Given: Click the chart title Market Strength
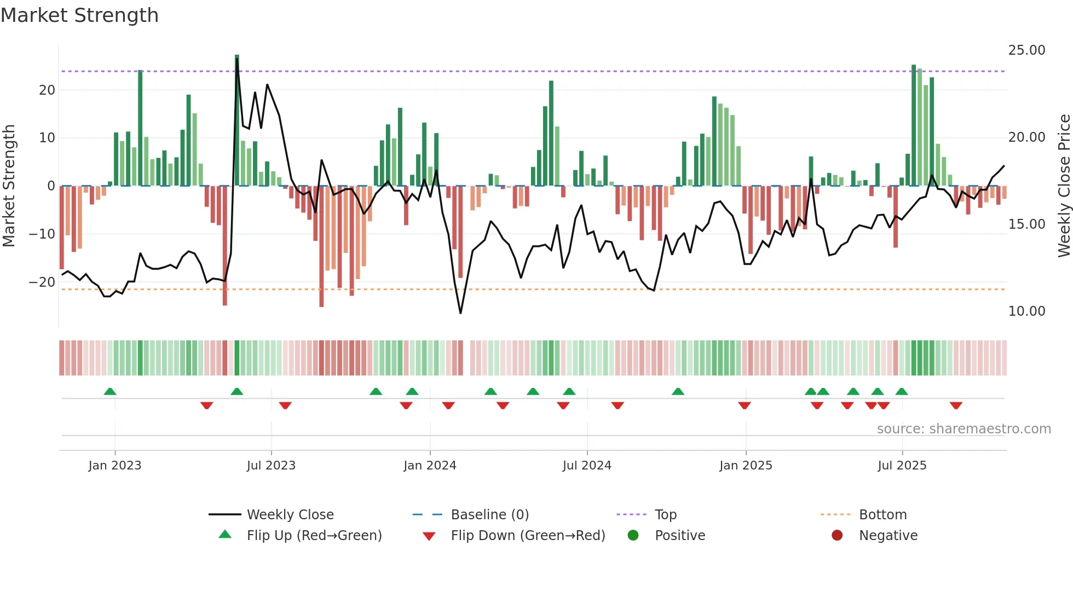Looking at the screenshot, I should click(79, 15).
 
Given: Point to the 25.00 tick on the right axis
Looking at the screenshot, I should click(1026, 50).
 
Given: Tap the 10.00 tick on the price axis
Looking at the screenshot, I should click(1026, 311).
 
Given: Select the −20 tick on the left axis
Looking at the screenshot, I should click(42, 282).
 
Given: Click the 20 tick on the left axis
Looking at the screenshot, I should click(47, 90).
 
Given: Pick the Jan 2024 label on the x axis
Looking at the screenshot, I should click(430, 466).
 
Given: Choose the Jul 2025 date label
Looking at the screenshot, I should click(902, 466).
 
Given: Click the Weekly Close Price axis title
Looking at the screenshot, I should click(1064, 186).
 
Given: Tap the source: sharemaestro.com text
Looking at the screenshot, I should click(964, 429).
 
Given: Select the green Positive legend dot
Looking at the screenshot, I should click(633, 536).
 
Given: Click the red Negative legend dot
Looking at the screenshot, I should click(837, 536).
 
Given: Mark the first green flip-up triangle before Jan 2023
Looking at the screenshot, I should click(110, 392).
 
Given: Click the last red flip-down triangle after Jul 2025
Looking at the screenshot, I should click(956, 405).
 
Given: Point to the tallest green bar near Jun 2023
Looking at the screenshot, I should click(237, 120).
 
